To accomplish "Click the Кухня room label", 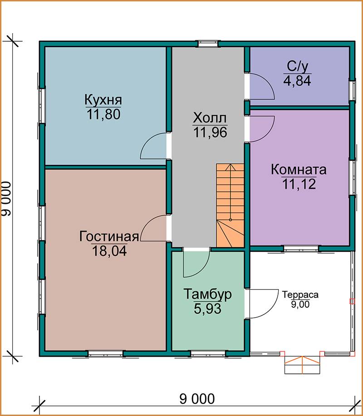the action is coord(103,100).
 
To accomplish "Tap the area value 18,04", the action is coord(109,251).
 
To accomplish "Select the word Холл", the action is coord(210,118).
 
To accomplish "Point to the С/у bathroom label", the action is coord(298,67).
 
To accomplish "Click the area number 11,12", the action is coord(299,184).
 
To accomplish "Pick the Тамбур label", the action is coord(207,294).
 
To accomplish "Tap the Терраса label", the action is coord(300,295).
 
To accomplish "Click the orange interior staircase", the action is coord(230,205).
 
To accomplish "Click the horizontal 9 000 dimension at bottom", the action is coord(197,399).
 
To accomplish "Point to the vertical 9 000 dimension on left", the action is coord(7,198).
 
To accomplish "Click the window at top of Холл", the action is coord(208,44).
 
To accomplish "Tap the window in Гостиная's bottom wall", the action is coord(106,353).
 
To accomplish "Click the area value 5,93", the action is coord(207,309).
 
